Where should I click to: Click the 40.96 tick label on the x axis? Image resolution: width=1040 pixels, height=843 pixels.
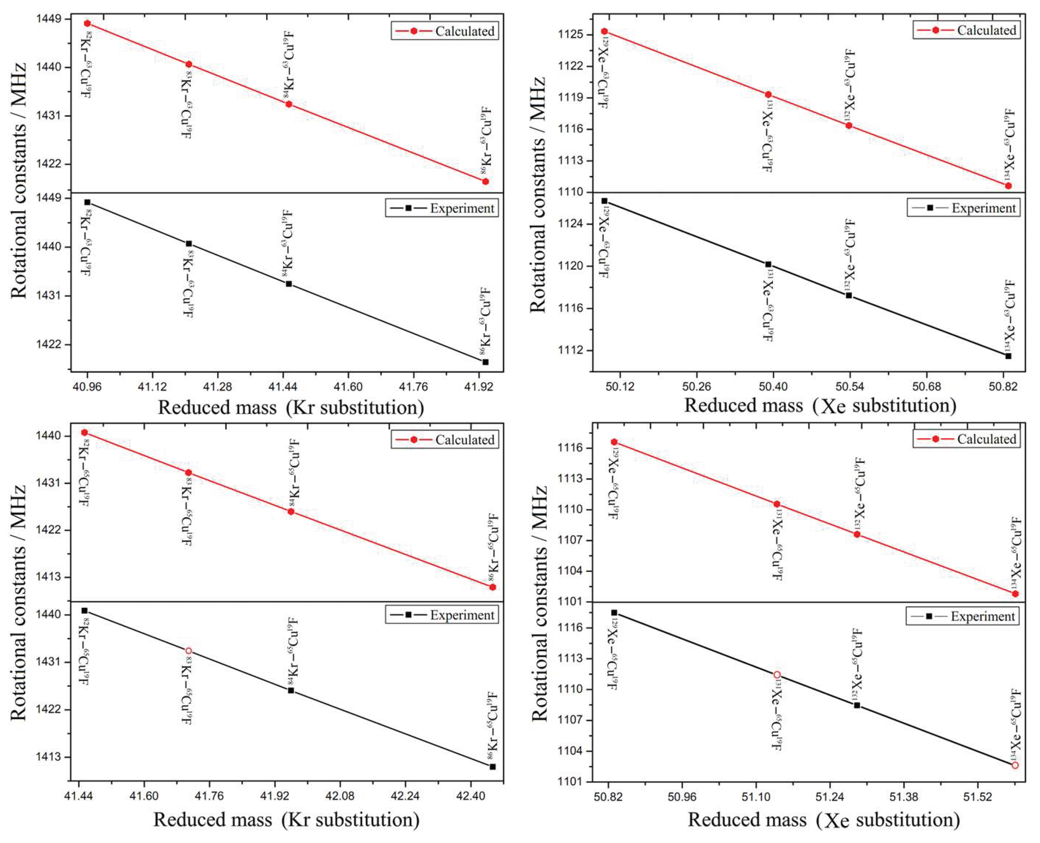(x=87, y=387)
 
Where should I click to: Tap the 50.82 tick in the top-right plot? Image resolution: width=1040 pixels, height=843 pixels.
(x=1003, y=387)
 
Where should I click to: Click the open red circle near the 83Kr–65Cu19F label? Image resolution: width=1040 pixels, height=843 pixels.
(x=188, y=651)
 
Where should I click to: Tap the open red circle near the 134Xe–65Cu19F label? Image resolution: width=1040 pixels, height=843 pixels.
(x=1015, y=765)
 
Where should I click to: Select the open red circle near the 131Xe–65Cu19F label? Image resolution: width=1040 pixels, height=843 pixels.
(x=777, y=674)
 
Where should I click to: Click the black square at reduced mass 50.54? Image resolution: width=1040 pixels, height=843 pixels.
(x=849, y=295)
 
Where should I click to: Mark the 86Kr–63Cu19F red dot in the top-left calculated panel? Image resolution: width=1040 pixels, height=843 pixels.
(x=485, y=181)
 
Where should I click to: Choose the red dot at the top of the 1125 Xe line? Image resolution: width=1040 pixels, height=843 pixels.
(x=604, y=32)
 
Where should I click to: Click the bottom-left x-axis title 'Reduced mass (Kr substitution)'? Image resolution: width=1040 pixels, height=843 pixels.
(x=287, y=820)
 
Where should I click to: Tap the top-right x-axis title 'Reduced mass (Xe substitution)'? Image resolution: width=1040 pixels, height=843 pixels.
(x=820, y=405)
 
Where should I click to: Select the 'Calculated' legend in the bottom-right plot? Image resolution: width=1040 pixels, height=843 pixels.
(x=966, y=439)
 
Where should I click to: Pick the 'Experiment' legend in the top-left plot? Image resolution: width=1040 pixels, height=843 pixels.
(x=442, y=208)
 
